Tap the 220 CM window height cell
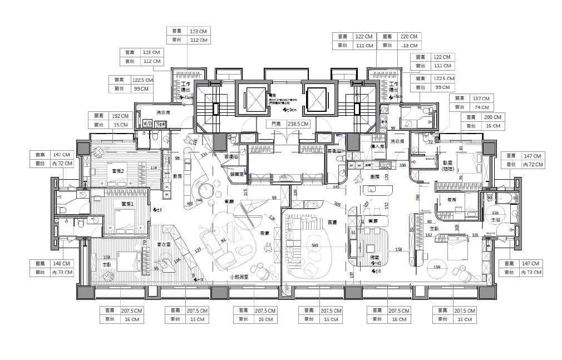408,37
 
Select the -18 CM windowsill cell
408,46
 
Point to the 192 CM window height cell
120,116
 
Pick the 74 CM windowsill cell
481,107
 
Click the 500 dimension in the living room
314,245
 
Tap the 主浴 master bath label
495,221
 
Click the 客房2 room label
117,171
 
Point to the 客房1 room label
127,205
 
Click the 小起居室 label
239,277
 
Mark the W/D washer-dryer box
147,124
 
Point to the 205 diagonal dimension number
337,204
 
